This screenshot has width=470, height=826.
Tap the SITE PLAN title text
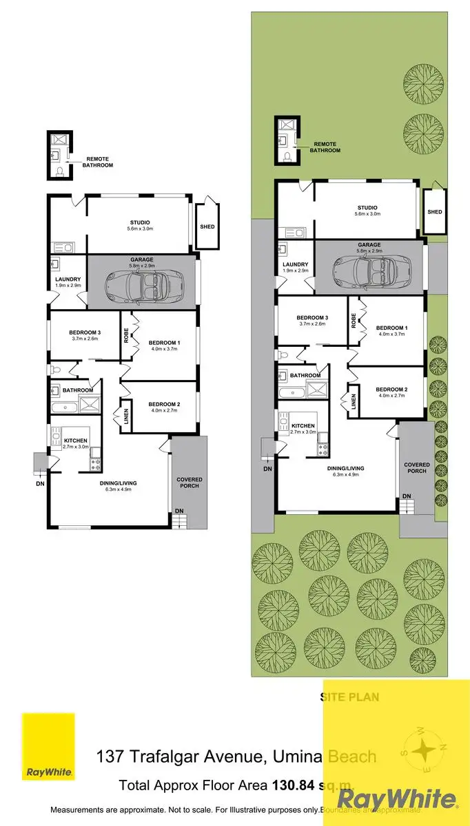click(350, 697)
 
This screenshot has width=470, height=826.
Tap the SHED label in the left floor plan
click(207, 226)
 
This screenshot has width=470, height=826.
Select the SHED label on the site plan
click(434, 212)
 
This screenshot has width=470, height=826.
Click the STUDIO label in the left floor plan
click(140, 222)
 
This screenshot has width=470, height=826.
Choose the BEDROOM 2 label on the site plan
click(391, 390)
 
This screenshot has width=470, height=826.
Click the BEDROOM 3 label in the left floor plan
click(85, 333)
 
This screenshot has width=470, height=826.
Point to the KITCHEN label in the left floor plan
click(75, 441)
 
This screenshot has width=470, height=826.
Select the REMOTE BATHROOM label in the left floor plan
click(97, 162)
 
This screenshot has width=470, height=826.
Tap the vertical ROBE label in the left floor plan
click(126, 335)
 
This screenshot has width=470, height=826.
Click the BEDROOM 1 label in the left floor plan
click(164, 342)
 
